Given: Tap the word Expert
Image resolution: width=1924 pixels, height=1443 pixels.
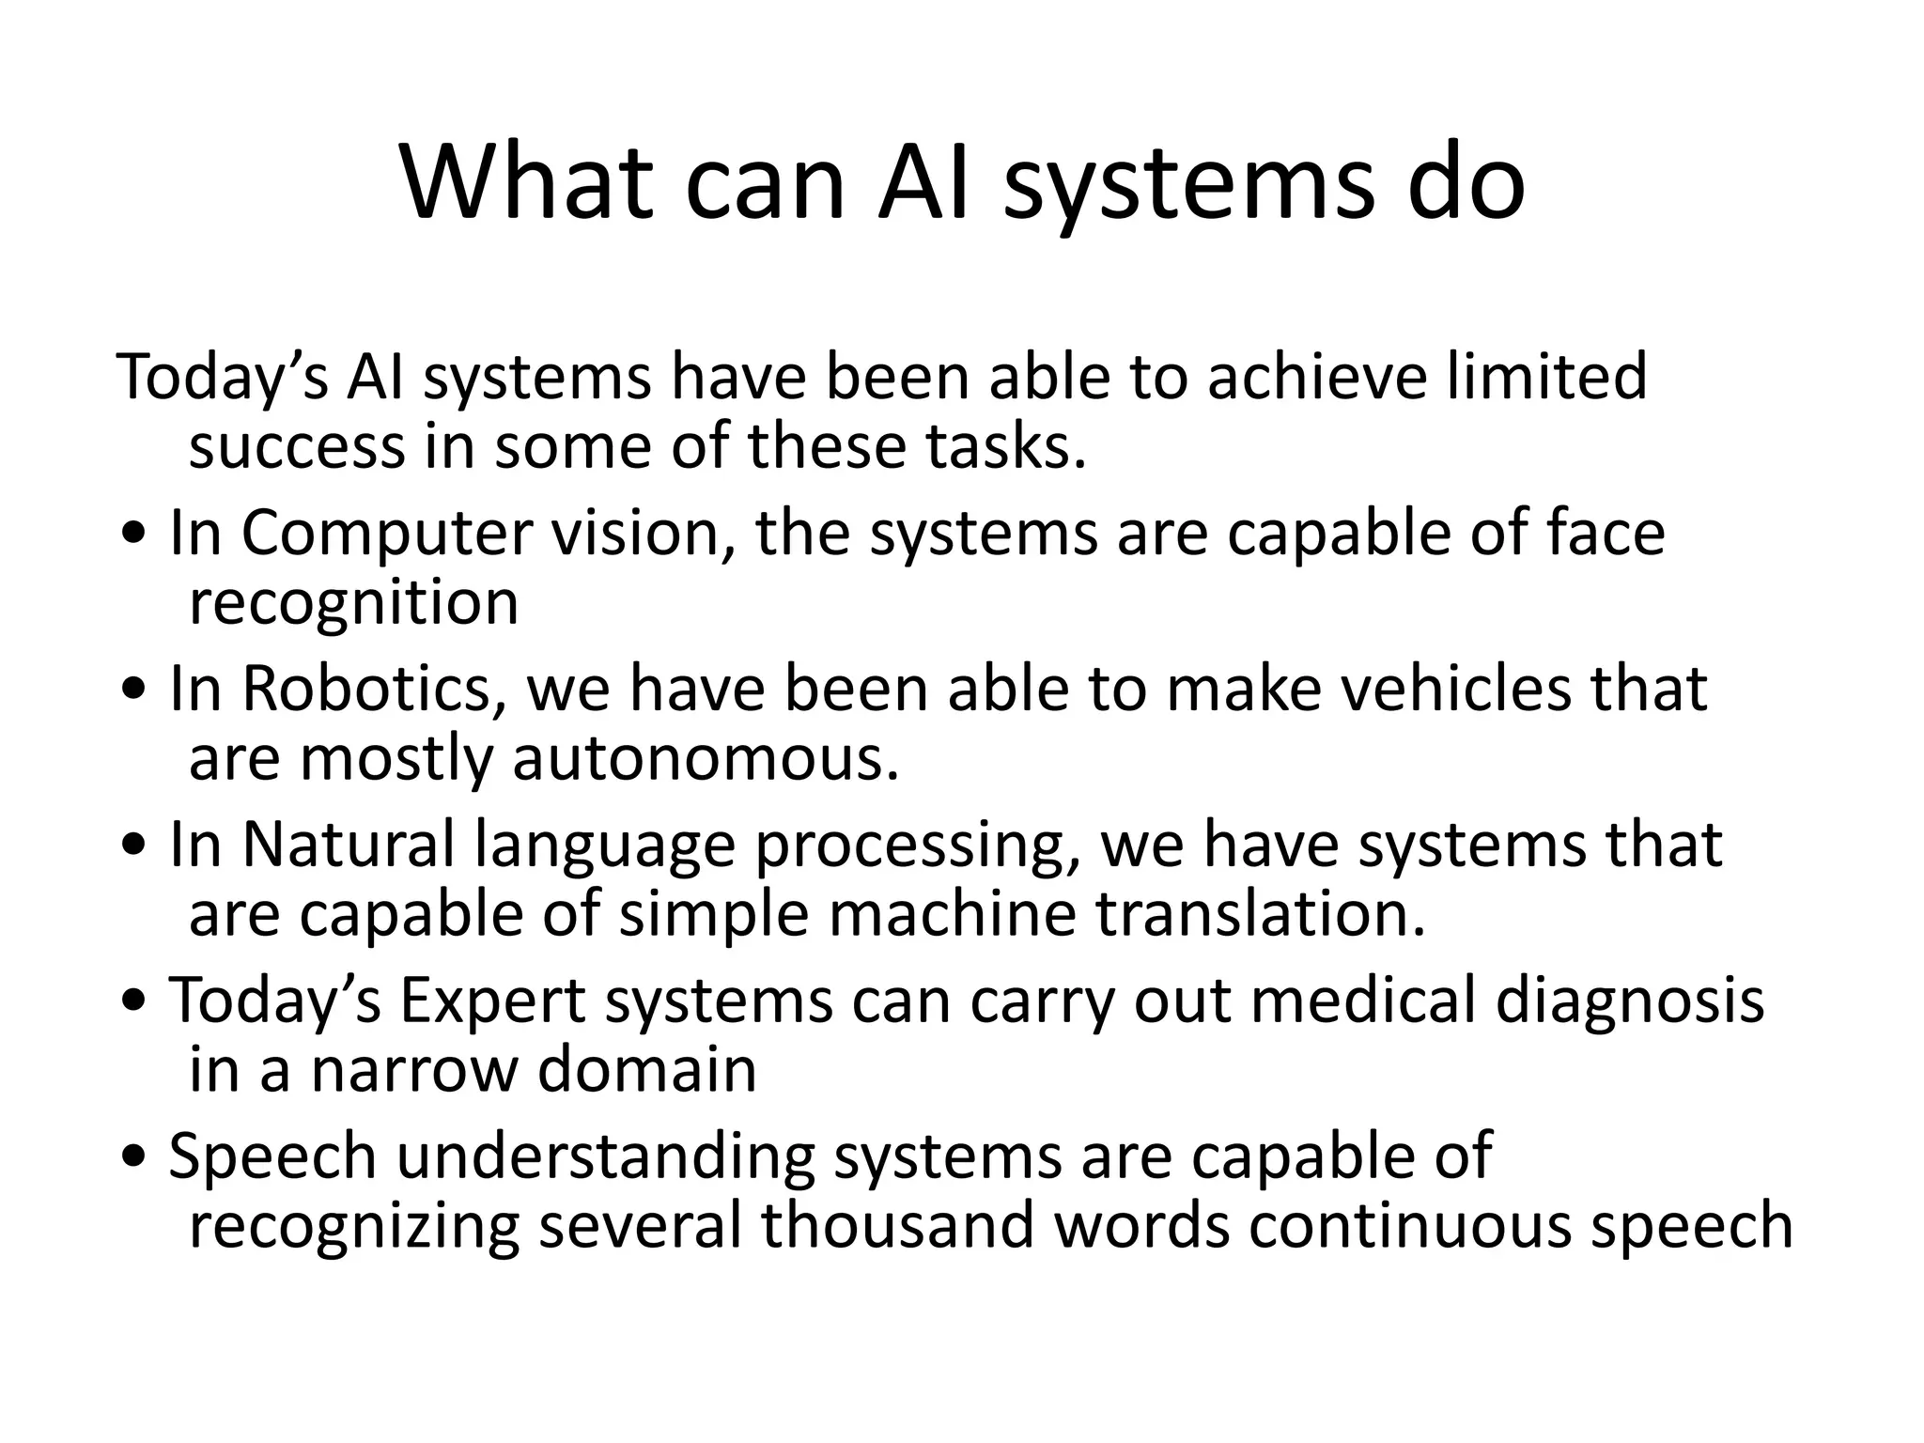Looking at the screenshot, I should tap(493, 1001).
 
